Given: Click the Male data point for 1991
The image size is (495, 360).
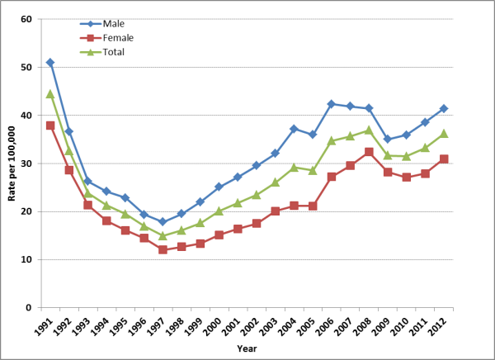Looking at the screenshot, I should point(50,63).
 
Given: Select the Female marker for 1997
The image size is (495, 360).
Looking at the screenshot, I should point(163,249).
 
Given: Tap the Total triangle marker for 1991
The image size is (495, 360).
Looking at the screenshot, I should point(50,93).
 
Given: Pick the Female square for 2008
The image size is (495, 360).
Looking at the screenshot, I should point(369,152).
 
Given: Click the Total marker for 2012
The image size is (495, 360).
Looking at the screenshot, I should point(444,133).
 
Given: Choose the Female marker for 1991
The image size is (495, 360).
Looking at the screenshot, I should point(50,126).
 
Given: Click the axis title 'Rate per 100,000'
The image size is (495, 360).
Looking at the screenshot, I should point(10,163).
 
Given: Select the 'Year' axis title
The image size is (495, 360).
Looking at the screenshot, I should point(247,348).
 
